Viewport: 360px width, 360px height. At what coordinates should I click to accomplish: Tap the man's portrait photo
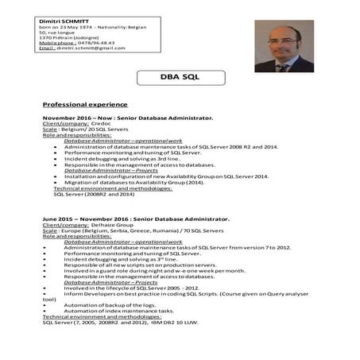pyautogui.click(x=285, y=46)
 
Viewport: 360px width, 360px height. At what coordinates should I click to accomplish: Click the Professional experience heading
pyautogui.click(x=84, y=104)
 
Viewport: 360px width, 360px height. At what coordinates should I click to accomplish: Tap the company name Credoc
pyautogui.click(x=104, y=125)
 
